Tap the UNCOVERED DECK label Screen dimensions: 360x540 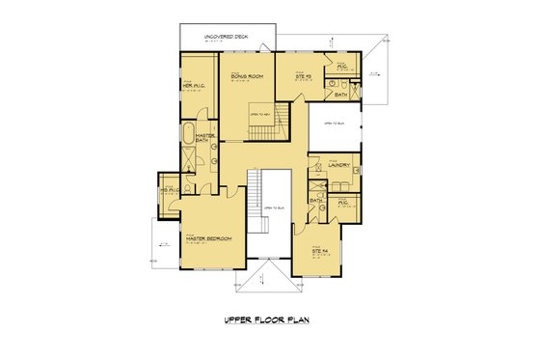click(225, 36)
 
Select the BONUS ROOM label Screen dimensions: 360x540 click(248, 75)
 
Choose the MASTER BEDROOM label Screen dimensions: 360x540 click(206, 238)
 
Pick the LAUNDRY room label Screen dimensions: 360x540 click(337, 165)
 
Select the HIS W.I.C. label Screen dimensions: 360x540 click(168, 190)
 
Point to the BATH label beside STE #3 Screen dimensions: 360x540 click(341, 95)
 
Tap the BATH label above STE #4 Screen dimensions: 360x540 click(316, 201)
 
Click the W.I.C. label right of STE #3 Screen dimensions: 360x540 click(342, 66)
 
